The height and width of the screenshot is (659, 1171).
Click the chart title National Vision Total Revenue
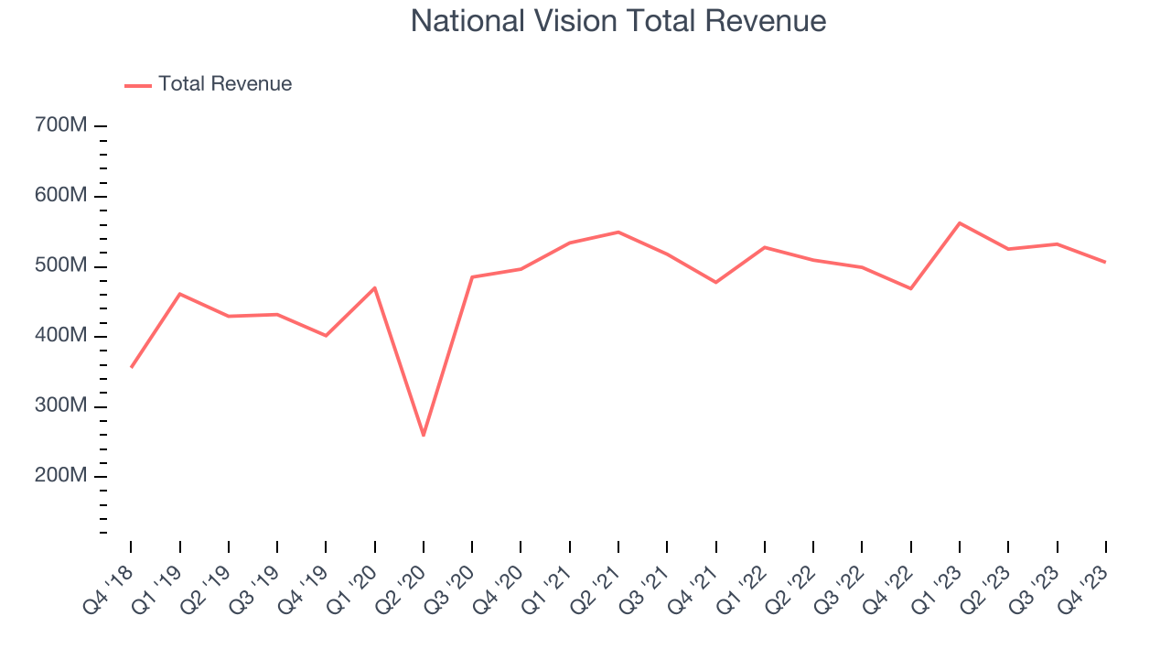(x=618, y=21)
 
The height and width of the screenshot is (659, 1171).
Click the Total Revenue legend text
(x=225, y=84)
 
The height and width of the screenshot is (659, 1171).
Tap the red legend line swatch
(x=138, y=85)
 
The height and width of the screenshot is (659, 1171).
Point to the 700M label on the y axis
(x=60, y=125)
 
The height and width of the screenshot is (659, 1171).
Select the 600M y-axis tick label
(x=60, y=196)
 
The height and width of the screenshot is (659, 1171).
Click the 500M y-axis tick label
(x=60, y=266)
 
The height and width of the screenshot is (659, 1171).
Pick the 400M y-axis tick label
(x=60, y=337)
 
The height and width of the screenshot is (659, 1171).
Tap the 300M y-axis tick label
(x=60, y=406)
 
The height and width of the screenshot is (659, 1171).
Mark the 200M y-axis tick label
(x=60, y=477)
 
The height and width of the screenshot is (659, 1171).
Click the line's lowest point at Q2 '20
(x=424, y=435)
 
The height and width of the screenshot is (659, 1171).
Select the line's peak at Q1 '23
(x=960, y=222)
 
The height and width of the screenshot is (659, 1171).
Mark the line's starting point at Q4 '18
(x=131, y=367)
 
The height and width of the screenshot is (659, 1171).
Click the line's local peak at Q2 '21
(x=618, y=232)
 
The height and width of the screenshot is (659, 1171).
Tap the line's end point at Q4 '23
(x=1105, y=262)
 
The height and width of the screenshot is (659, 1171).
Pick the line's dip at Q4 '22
(x=911, y=288)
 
